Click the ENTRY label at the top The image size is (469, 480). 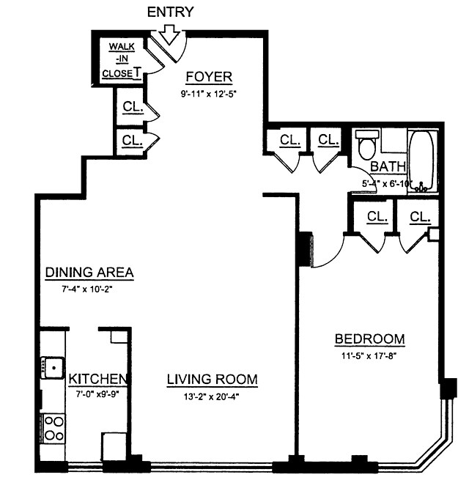coord(170,11)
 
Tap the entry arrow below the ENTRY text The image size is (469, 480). coord(170,33)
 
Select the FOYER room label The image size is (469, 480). coord(209,77)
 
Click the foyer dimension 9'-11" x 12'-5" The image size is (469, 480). coord(209,94)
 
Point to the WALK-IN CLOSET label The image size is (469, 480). coord(122,60)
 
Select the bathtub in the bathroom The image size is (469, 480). coord(421,161)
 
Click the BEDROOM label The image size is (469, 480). coord(369,339)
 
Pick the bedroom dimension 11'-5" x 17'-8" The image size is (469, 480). coord(369,357)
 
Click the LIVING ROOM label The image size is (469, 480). coord(212,380)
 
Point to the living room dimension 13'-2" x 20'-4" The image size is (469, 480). coord(212,397)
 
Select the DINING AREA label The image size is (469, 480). coord(89,273)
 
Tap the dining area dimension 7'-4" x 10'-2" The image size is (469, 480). coord(89,289)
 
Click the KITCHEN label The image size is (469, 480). coord(99,380)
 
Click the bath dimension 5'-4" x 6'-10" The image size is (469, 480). coord(387,183)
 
